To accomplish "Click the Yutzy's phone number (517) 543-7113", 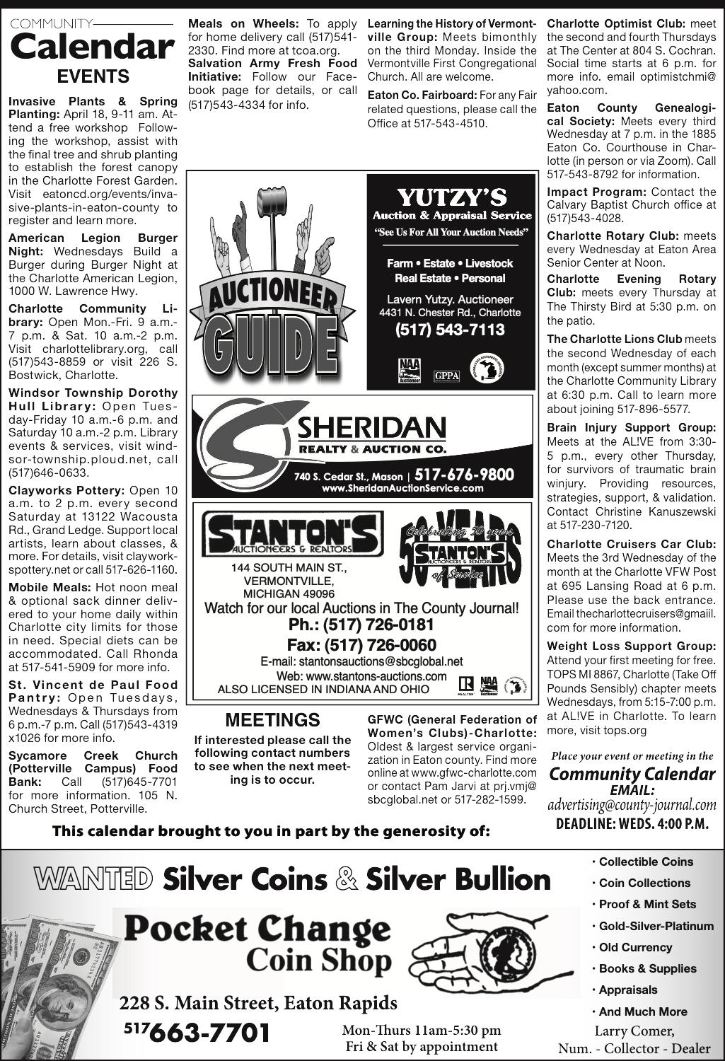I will tap(451, 330).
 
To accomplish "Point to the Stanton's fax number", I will tap(361, 645).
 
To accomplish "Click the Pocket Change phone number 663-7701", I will tap(205, 1032).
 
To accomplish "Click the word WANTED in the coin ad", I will tap(93, 879).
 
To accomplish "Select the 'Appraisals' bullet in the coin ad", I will tap(627, 990).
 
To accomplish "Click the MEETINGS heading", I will tap(272, 720).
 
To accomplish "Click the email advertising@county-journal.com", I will tap(632, 805).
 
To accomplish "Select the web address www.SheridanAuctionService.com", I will tap(402, 488).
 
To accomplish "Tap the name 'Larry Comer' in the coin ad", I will tap(634, 1031).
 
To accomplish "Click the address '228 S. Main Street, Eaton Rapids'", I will tap(258, 1003).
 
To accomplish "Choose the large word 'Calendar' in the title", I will tap(93, 47).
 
